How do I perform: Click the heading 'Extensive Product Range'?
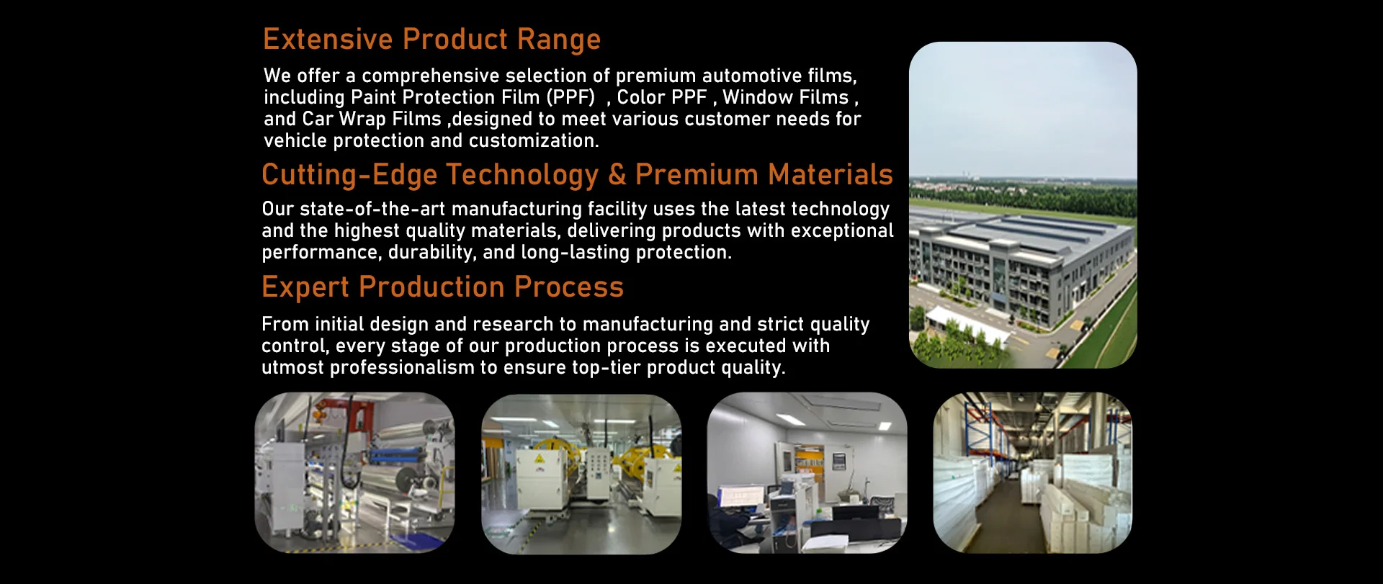click(x=431, y=40)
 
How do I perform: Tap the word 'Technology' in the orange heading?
click(x=522, y=176)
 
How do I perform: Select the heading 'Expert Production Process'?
click(x=442, y=288)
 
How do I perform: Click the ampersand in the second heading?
click(x=617, y=175)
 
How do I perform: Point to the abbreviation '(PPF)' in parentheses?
click(x=571, y=97)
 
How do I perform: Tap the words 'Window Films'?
click(x=786, y=97)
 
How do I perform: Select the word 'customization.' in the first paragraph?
click(x=534, y=140)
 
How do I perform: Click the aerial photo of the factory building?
click(x=1023, y=205)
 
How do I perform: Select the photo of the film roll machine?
click(x=355, y=473)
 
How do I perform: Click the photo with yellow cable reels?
click(x=581, y=474)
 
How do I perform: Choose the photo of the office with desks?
click(x=807, y=473)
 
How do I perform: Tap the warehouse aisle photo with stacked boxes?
click(x=1033, y=473)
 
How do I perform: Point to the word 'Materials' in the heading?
click(x=830, y=175)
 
